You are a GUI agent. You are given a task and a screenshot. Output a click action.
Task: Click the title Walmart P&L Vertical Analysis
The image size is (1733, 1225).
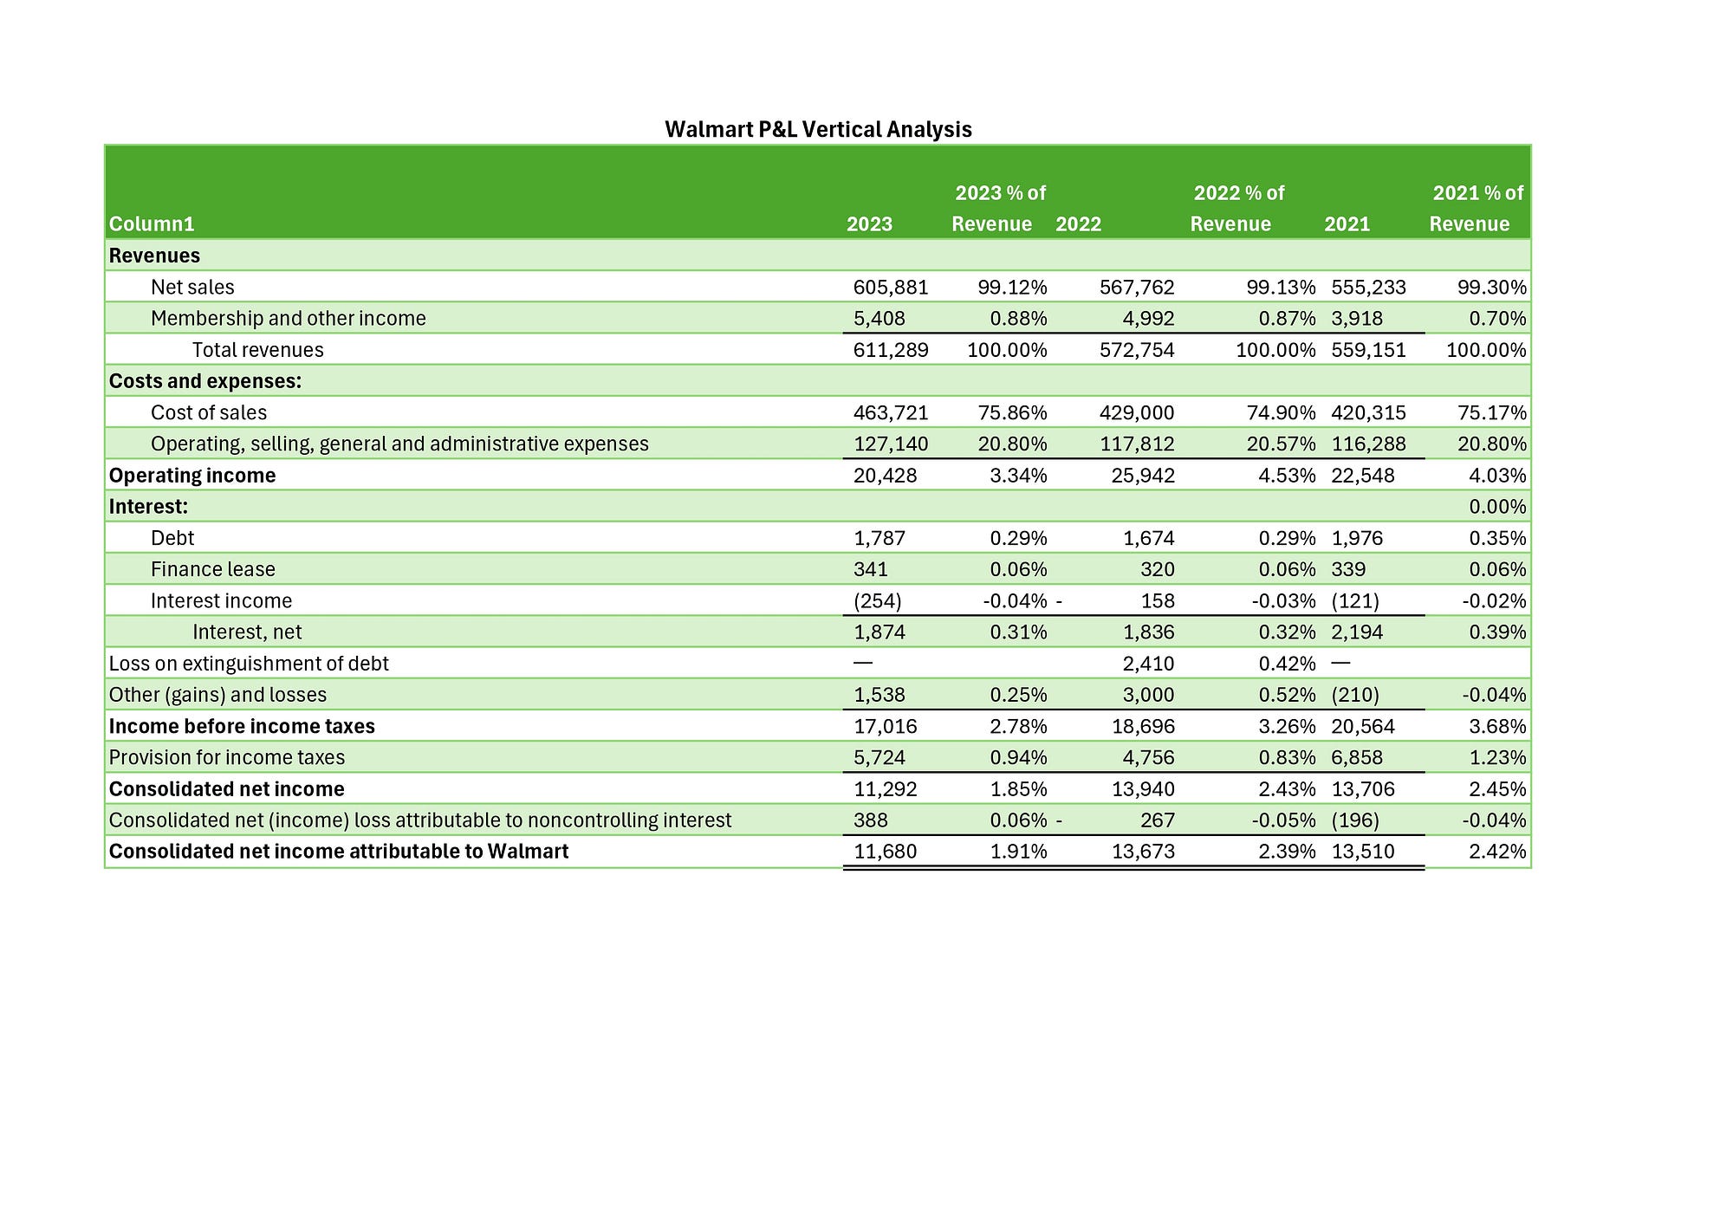(x=818, y=130)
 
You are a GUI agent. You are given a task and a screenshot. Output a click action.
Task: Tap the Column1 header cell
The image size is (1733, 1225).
(x=152, y=224)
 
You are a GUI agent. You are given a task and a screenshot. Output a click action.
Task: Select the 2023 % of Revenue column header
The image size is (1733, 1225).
(x=999, y=208)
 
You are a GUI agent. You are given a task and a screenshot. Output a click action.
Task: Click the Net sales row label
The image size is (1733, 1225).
(x=192, y=288)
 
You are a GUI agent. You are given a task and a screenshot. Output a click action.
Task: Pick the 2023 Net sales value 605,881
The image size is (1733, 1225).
(x=891, y=288)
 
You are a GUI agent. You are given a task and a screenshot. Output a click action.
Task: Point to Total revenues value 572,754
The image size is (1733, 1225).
(x=1137, y=350)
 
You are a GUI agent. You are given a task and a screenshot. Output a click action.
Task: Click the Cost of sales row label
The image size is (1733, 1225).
(x=209, y=413)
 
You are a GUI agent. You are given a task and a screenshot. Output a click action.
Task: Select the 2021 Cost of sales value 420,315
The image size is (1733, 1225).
(x=1368, y=413)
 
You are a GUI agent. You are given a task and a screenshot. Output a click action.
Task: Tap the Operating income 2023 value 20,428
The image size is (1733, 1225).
(x=885, y=476)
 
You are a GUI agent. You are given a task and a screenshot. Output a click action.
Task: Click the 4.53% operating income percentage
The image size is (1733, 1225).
(x=1287, y=476)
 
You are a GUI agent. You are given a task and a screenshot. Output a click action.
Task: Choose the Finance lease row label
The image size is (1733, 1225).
(x=213, y=570)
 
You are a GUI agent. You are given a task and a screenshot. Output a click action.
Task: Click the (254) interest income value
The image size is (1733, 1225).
(x=878, y=601)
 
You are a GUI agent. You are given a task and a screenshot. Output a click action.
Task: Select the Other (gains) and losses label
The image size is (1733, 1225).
(x=218, y=695)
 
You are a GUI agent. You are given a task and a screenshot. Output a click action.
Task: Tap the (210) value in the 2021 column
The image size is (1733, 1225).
(x=1355, y=695)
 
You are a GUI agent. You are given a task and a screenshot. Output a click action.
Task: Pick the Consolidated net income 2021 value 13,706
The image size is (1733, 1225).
(x=1363, y=789)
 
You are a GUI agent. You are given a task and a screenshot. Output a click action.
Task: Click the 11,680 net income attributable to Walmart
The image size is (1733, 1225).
(x=885, y=852)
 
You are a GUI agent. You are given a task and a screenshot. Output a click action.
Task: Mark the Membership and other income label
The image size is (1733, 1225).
(x=289, y=319)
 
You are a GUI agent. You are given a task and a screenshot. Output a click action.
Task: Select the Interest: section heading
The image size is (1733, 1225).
(x=148, y=507)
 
